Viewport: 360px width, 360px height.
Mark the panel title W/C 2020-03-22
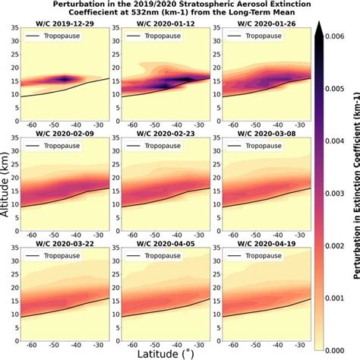tap(65, 240)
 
